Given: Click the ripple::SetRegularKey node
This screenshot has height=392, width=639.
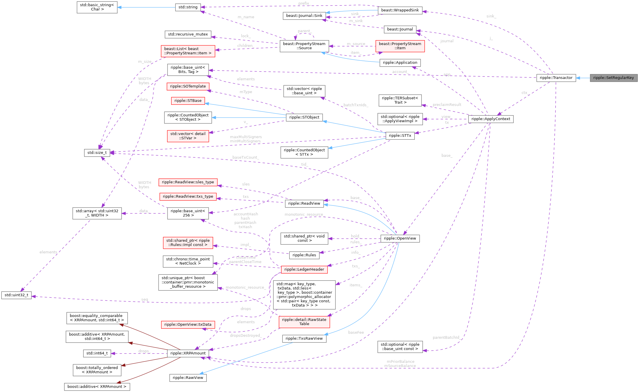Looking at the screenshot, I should pos(613,78).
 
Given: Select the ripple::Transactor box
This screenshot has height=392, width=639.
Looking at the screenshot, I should pos(556,78).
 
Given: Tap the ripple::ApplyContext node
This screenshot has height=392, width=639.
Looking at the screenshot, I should pos(491,119).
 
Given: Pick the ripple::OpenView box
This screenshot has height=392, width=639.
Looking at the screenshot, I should pos(400,238).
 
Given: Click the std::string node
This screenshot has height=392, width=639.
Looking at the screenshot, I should pos(188,7).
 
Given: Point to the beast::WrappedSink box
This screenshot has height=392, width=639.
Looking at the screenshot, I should pos(400,10).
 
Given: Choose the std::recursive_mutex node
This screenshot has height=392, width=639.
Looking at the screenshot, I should pos(188,34).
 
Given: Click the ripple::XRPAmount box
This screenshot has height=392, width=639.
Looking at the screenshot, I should pos(188,353).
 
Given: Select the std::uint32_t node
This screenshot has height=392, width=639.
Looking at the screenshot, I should pos(17,295).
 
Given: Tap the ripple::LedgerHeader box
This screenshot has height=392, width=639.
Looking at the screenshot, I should pos(304,269).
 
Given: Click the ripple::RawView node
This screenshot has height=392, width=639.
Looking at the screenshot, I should pos(188,377).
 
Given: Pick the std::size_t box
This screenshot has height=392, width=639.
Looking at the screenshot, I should pos(97,152).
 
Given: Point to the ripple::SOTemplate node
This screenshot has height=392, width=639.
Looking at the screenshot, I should pos(188,86).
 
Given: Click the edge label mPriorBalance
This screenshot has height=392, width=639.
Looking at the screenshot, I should pos(400,361).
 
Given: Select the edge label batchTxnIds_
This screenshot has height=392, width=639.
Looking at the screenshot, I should pos(356,105).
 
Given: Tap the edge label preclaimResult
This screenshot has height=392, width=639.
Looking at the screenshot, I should pos(447,104).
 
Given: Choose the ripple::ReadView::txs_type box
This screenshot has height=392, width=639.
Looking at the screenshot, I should pos(188,196).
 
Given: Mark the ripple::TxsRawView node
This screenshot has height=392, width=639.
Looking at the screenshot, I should pos(304,338).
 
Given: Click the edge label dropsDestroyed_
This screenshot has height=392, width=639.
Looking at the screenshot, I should pos(246,336).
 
